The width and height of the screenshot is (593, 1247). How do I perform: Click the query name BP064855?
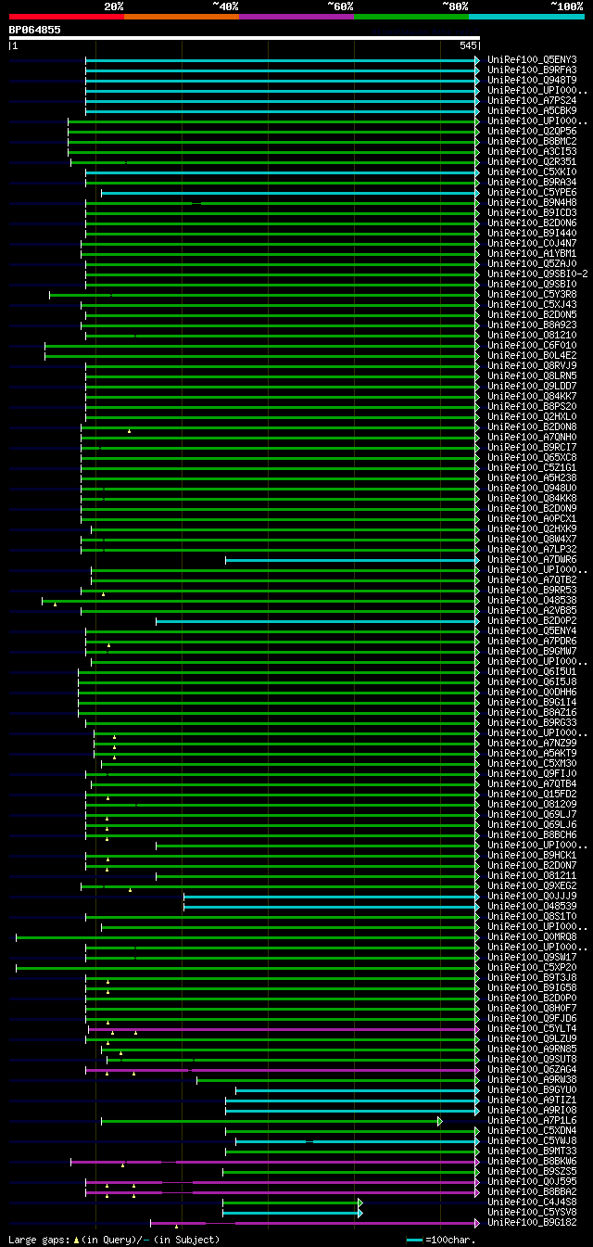(x=35, y=30)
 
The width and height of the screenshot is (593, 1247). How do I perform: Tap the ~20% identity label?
(x=113, y=6)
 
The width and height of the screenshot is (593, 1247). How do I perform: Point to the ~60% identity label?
(x=340, y=6)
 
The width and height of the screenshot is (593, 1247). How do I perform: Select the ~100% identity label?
(x=567, y=6)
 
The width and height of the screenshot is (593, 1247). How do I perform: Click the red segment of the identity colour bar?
(x=66, y=16)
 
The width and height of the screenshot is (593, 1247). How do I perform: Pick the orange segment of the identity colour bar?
(x=181, y=16)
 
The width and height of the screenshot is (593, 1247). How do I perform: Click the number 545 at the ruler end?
(x=468, y=45)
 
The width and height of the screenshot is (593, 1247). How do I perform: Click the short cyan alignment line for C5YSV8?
(x=291, y=1213)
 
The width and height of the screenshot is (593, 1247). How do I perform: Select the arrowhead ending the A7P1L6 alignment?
(x=440, y=1121)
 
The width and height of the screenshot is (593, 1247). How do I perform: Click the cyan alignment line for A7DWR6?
(x=352, y=560)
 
